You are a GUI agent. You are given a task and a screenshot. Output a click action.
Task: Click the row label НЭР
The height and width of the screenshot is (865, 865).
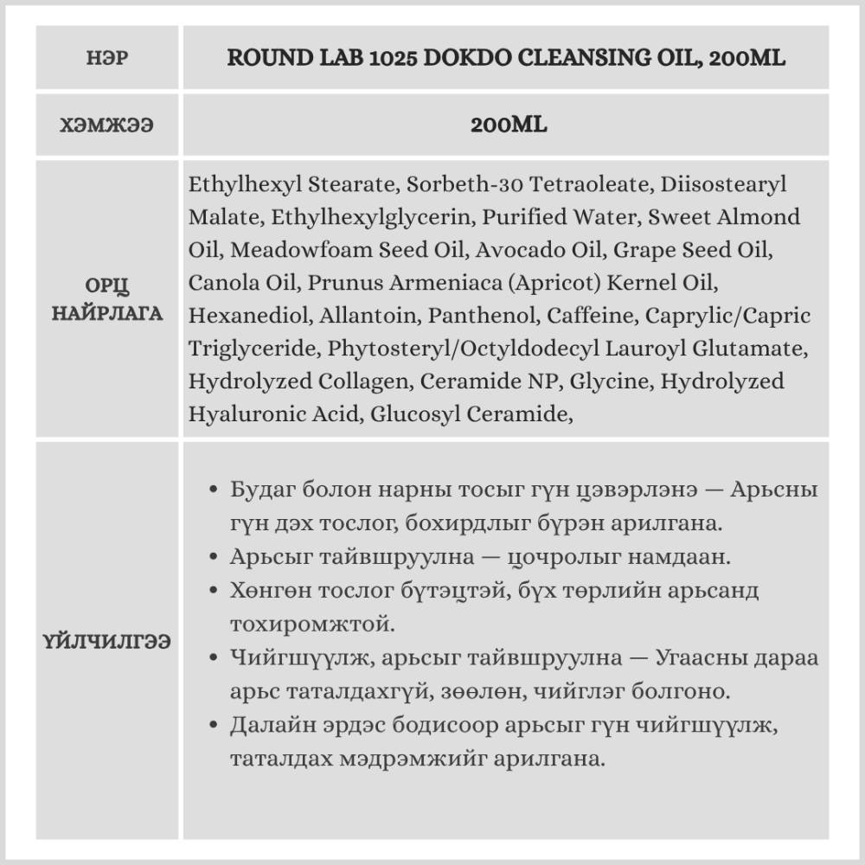coord(107,59)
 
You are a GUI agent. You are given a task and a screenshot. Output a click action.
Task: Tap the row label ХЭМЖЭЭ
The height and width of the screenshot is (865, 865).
coord(107,125)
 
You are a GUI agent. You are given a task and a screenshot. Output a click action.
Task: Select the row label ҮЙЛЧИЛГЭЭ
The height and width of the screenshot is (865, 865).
coord(107,641)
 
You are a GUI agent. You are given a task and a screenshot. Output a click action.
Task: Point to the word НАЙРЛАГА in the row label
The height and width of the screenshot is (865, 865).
coord(107,312)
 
